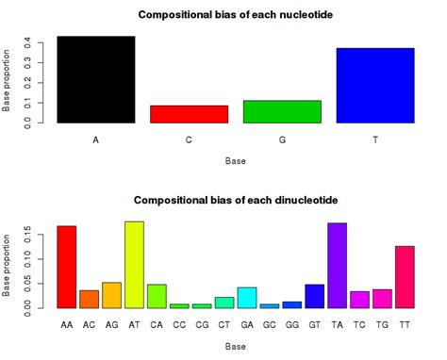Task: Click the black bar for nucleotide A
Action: coord(96,80)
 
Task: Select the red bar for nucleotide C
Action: coord(189,114)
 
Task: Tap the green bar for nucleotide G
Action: coord(282,112)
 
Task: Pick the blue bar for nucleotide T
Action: coord(375,86)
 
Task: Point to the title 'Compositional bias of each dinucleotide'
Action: coord(236,200)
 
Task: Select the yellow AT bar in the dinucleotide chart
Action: coord(134,265)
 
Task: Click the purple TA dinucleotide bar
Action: coord(338,266)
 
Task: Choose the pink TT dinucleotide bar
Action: coord(405,277)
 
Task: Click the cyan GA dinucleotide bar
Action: coord(247,298)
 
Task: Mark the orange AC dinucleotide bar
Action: coord(89,299)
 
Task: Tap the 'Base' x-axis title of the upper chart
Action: coord(236,161)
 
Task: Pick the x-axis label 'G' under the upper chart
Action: coord(282,139)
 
